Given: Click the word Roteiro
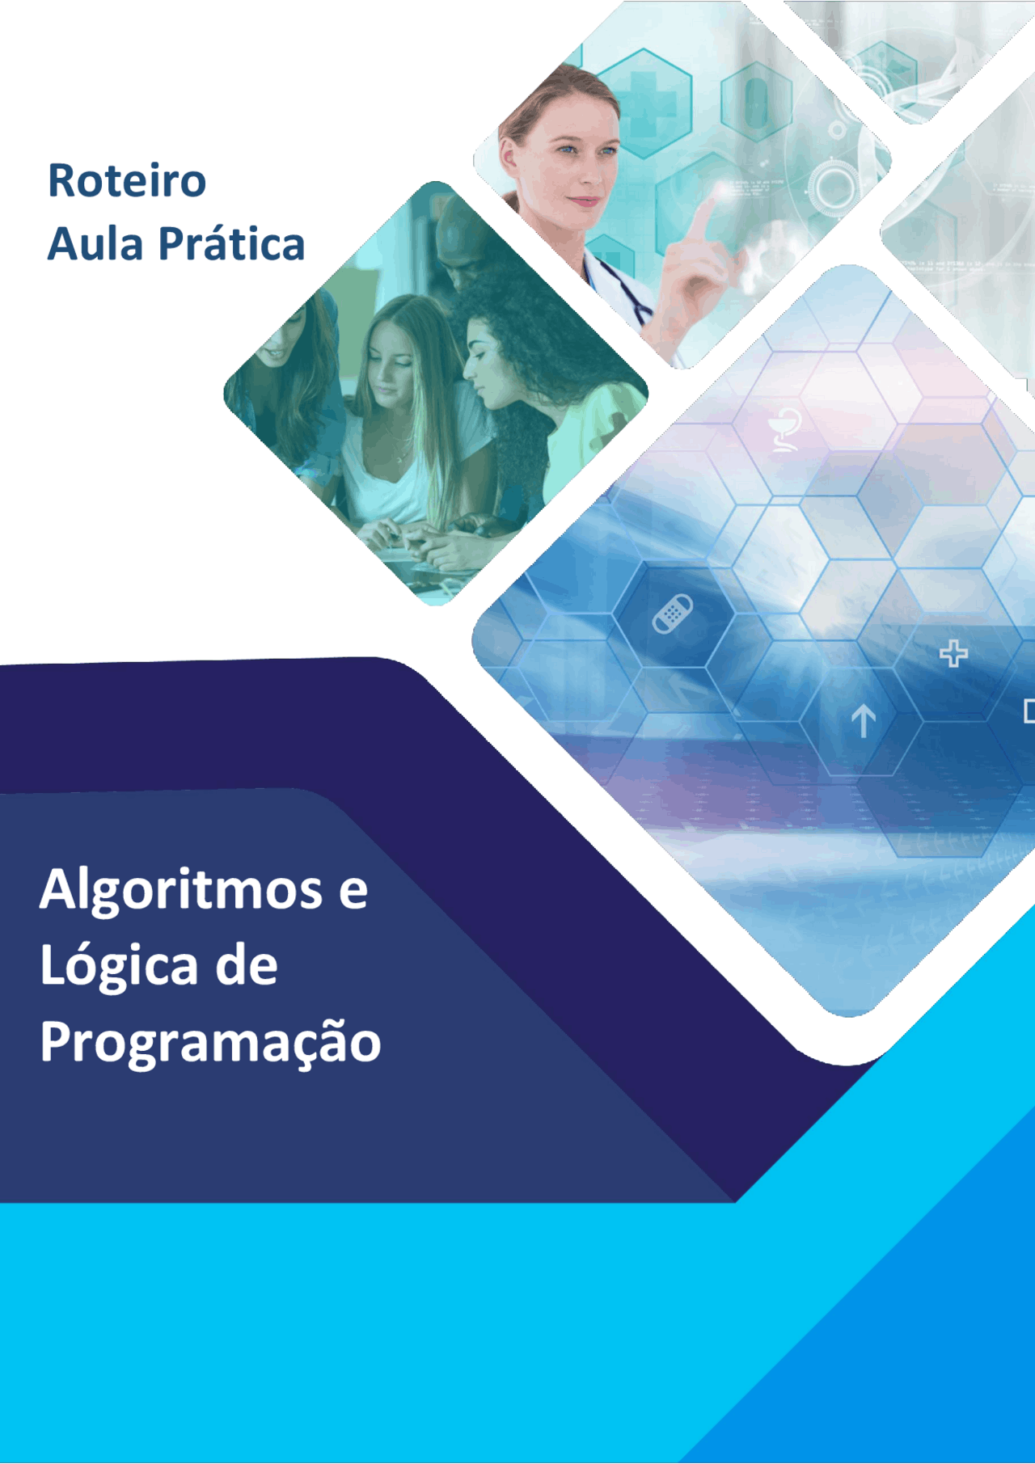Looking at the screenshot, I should tap(127, 180).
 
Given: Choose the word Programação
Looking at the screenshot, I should tap(210, 1043).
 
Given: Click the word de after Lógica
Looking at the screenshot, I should tap(246, 966).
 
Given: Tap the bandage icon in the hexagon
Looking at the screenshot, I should tap(673, 614).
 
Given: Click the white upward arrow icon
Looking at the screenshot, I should tap(863, 719).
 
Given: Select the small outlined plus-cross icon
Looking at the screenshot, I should tap(953, 653).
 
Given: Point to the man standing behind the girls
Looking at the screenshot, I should tap(461, 243).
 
